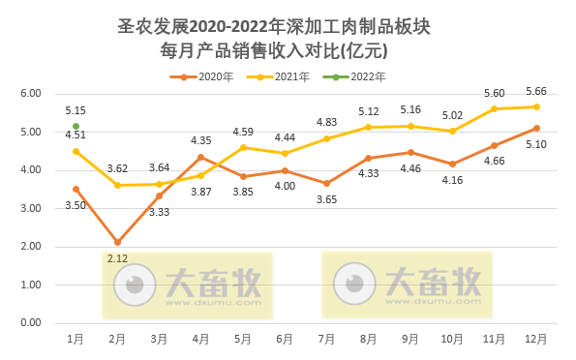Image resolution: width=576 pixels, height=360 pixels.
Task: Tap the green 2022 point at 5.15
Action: point(76,126)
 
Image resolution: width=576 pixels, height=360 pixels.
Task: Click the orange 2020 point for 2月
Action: point(117,242)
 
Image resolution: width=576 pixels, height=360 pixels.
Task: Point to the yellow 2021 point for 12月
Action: point(536,106)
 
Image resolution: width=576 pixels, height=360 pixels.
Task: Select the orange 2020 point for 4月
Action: point(200,157)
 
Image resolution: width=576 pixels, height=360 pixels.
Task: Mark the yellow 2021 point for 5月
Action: point(243,147)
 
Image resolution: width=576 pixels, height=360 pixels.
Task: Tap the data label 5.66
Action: point(536,92)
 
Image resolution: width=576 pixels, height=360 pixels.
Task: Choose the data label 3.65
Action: point(327,199)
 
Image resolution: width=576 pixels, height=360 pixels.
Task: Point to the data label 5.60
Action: point(494,94)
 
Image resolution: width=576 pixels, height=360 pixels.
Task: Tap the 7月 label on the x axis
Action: point(327,339)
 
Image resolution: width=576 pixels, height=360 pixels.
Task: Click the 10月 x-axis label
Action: point(452,339)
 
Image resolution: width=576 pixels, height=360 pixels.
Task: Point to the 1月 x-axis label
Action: point(76,339)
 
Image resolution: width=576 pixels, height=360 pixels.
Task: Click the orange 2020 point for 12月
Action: point(536,128)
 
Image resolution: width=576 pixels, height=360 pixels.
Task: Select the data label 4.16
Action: point(452,179)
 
